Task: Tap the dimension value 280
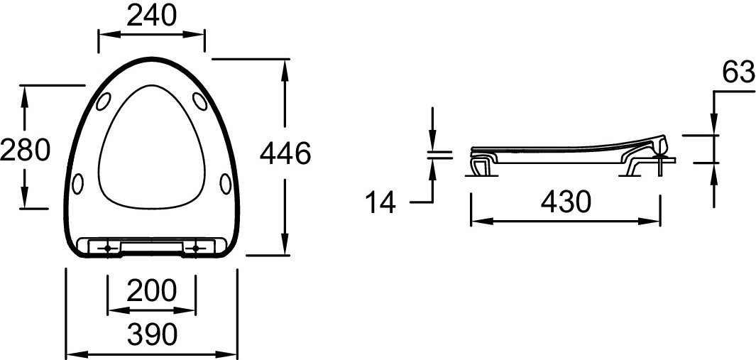tap(25, 149)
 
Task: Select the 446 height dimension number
tap(285, 154)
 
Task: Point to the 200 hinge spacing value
tap(152, 291)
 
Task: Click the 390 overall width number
tap(153, 334)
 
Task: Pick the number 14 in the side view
tap(380, 202)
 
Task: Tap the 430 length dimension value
tap(566, 202)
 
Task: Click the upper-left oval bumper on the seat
tap(103, 102)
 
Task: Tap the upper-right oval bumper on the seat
tap(200, 102)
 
